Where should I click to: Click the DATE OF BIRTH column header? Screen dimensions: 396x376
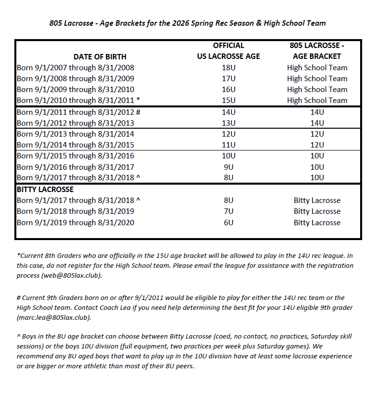pyautogui.click(x=100, y=56)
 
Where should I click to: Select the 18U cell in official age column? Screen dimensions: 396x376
pyautogui.click(x=228, y=68)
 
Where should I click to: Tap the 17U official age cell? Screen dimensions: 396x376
pyautogui.click(x=228, y=79)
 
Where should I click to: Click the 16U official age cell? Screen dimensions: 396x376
pyautogui.click(x=228, y=90)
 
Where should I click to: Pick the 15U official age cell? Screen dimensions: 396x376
pyautogui.click(x=228, y=100)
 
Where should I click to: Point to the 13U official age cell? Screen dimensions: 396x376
pyautogui.click(x=228, y=123)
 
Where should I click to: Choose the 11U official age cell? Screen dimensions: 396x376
pyautogui.click(x=228, y=145)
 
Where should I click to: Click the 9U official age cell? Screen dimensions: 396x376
pyautogui.click(x=228, y=167)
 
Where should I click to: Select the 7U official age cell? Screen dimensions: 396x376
pyautogui.click(x=228, y=211)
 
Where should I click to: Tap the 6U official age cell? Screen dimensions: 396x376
pyautogui.click(x=228, y=223)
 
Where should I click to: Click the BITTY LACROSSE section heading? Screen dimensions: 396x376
pyautogui.click(x=45, y=190)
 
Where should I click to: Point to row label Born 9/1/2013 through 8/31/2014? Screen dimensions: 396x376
pyautogui.click(x=75, y=134)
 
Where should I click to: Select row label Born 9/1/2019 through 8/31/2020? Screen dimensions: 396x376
pyautogui.click(x=75, y=223)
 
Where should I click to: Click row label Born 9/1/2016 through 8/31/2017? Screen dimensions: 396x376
pyautogui.click(x=75, y=167)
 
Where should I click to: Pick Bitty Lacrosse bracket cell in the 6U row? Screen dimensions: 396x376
pyautogui.click(x=317, y=223)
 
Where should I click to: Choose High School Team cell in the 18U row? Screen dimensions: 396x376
pyautogui.click(x=317, y=68)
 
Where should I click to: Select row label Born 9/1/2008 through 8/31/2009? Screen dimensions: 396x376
pyautogui.click(x=75, y=79)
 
